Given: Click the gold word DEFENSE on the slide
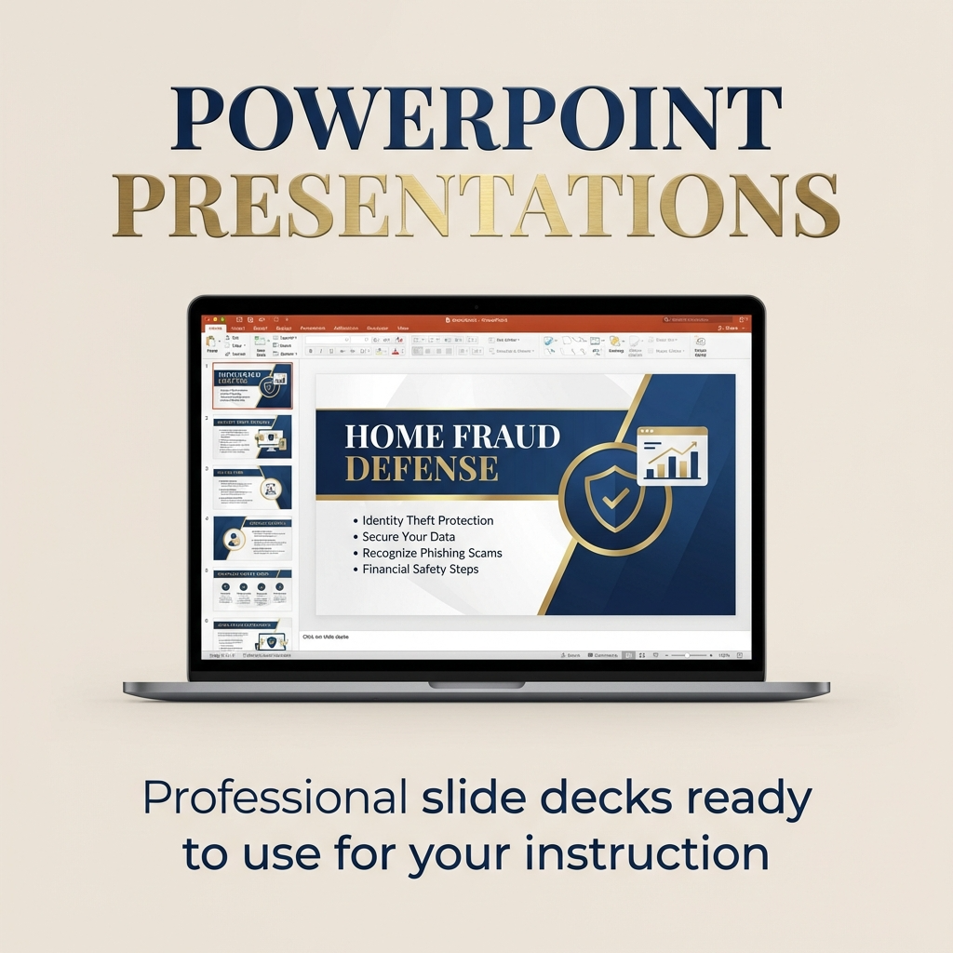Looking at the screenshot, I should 422,468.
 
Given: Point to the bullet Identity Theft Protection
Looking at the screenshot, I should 427,520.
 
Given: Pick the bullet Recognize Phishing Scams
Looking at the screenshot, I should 432,553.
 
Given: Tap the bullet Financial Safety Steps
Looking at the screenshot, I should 420,569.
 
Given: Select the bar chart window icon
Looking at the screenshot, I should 672,456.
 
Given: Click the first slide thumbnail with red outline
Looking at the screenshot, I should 252,386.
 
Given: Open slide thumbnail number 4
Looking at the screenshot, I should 252,538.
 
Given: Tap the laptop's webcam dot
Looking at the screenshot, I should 476,306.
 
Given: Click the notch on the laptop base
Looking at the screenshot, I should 476,686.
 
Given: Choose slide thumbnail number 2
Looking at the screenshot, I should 252,436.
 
